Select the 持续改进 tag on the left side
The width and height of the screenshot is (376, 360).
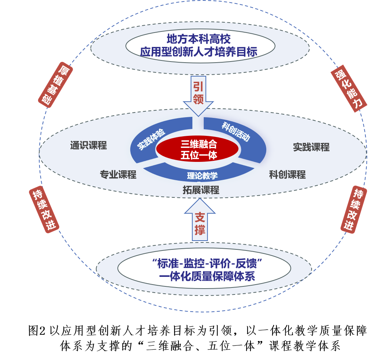[44, 210]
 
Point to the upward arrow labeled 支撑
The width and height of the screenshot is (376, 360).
[200, 222]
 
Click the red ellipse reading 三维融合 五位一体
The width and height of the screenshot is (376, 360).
[198, 149]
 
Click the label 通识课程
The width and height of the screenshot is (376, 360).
[89, 146]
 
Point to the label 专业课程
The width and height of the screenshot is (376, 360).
[118, 175]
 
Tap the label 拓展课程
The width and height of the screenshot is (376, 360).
[201, 190]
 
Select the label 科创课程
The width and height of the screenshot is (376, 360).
[287, 175]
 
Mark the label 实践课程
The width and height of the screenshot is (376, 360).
[311, 147]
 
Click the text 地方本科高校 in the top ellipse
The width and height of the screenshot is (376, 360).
[199, 39]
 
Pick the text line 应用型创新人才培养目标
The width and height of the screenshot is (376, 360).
[199, 52]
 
